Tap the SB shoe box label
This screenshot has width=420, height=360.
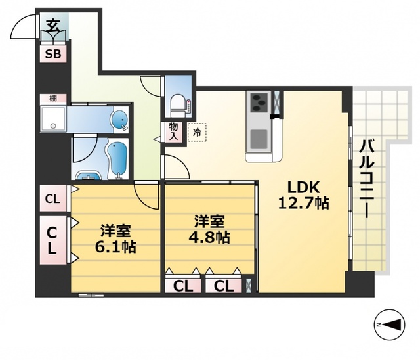pyautogui.click(x=53, y=55)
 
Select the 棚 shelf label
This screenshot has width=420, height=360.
pyautogui.click(x=52, y=98)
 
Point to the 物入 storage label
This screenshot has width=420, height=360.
pyautogui.click(x=174, y=131)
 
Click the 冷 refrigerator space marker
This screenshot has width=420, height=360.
pyautogui.click(x=196, y=132)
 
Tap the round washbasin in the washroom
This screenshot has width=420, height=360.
pyautogui.click(x=119, y=120)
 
